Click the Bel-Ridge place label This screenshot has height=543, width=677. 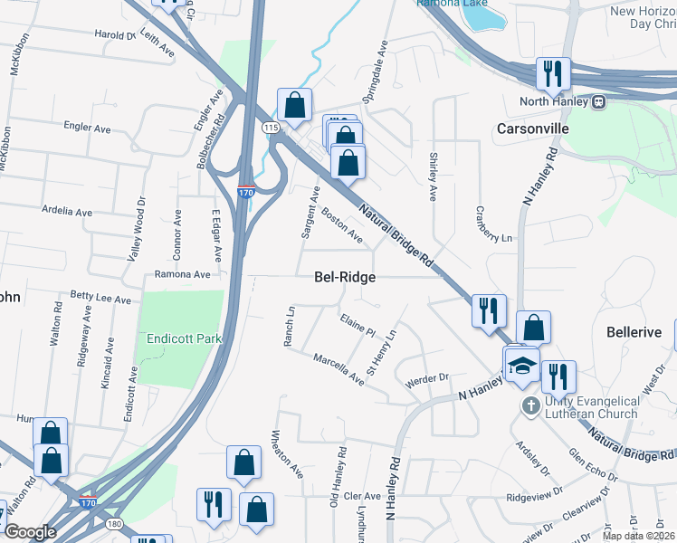344,277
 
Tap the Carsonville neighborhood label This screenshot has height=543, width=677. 532,129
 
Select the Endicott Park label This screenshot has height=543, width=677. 178,339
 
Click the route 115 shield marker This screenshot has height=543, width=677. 272,129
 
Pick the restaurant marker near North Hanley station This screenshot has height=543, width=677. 551,73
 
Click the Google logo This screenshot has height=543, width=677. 30,532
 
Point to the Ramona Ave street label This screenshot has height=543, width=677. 182,273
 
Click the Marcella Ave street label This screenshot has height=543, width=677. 338,370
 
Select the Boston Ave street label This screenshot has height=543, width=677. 342,225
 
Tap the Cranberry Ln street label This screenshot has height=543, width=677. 493,224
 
